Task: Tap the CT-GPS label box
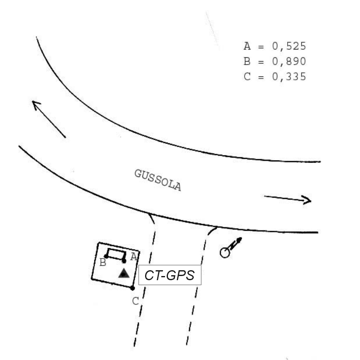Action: (x=170, y=275)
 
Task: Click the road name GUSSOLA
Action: (x=158, y=180)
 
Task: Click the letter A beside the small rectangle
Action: (x=133, y=257)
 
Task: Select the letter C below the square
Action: (x=135, y=301)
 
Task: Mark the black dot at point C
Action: (x=132, y=288)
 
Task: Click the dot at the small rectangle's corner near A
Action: (x=124, y=261)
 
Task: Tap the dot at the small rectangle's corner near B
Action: (x=106, y=256)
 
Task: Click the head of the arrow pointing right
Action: (x=308, y=200)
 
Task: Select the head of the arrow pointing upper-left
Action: (x=36, y=104)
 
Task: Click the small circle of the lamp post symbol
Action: (x=225, y=252)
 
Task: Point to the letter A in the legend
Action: (x=247, y=46)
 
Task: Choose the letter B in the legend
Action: (x=247, y=62)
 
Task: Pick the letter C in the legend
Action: (x=247, y=77)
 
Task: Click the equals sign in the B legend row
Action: (x=261, y=62)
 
